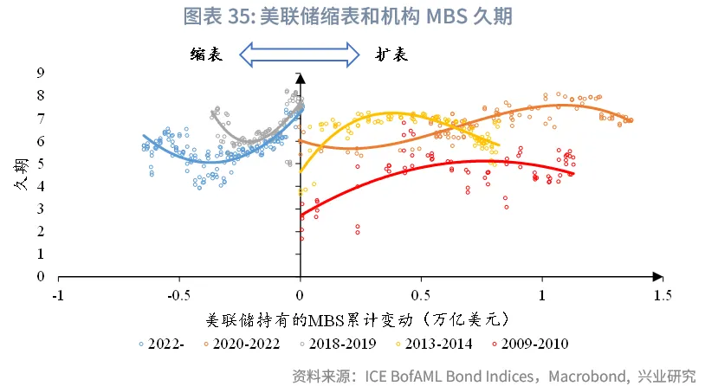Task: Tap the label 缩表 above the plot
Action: click(x=207, y=55)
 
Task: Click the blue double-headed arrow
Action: click(x=299, y=55)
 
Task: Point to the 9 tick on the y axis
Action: click(x=40, y=74)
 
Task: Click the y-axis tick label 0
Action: click(x=40, y=277)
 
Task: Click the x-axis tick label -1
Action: click(x=58, y=295)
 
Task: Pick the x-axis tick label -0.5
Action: click(x=178, y=295)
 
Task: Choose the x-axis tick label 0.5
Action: click(x=421, y=295)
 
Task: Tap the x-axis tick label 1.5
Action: click(x=663, y=295)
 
